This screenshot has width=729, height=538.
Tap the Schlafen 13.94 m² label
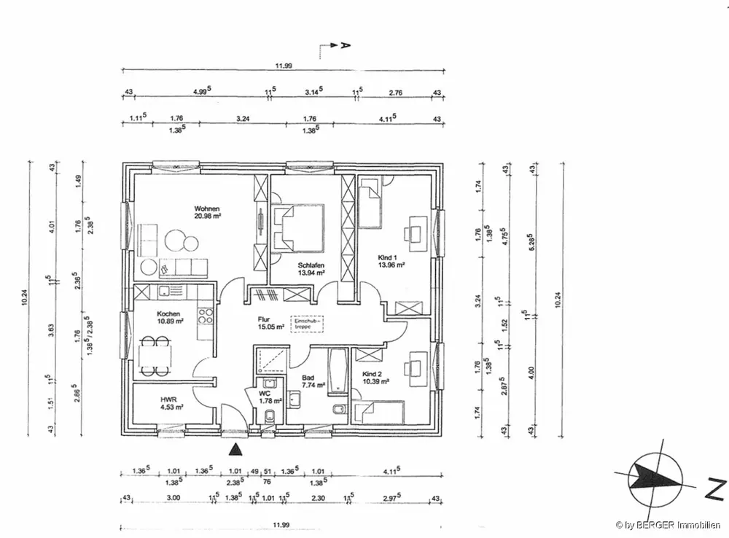coord(311,268)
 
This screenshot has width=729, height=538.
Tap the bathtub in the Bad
coord(338,371)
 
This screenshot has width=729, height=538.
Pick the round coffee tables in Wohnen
coord(180,241)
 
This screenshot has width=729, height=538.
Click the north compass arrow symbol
coord(653,477)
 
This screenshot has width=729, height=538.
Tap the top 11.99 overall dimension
coord(284,66)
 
